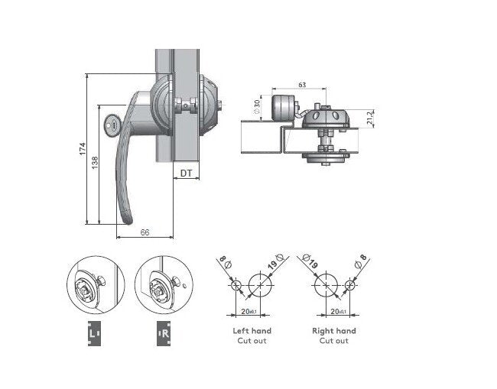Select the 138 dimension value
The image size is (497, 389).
click(96, 162)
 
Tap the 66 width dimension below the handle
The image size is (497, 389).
click(145, 233)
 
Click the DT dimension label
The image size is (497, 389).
click(185, 173)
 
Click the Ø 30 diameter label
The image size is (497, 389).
click(257, 108)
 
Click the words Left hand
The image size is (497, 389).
click(252, 331)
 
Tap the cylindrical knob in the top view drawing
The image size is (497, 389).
click(283, 109)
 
